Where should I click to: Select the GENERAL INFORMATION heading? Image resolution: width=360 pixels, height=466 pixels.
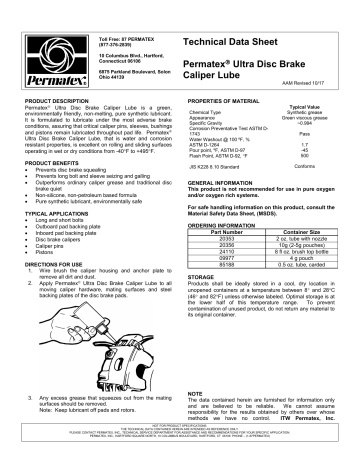[x=228, y=185]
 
